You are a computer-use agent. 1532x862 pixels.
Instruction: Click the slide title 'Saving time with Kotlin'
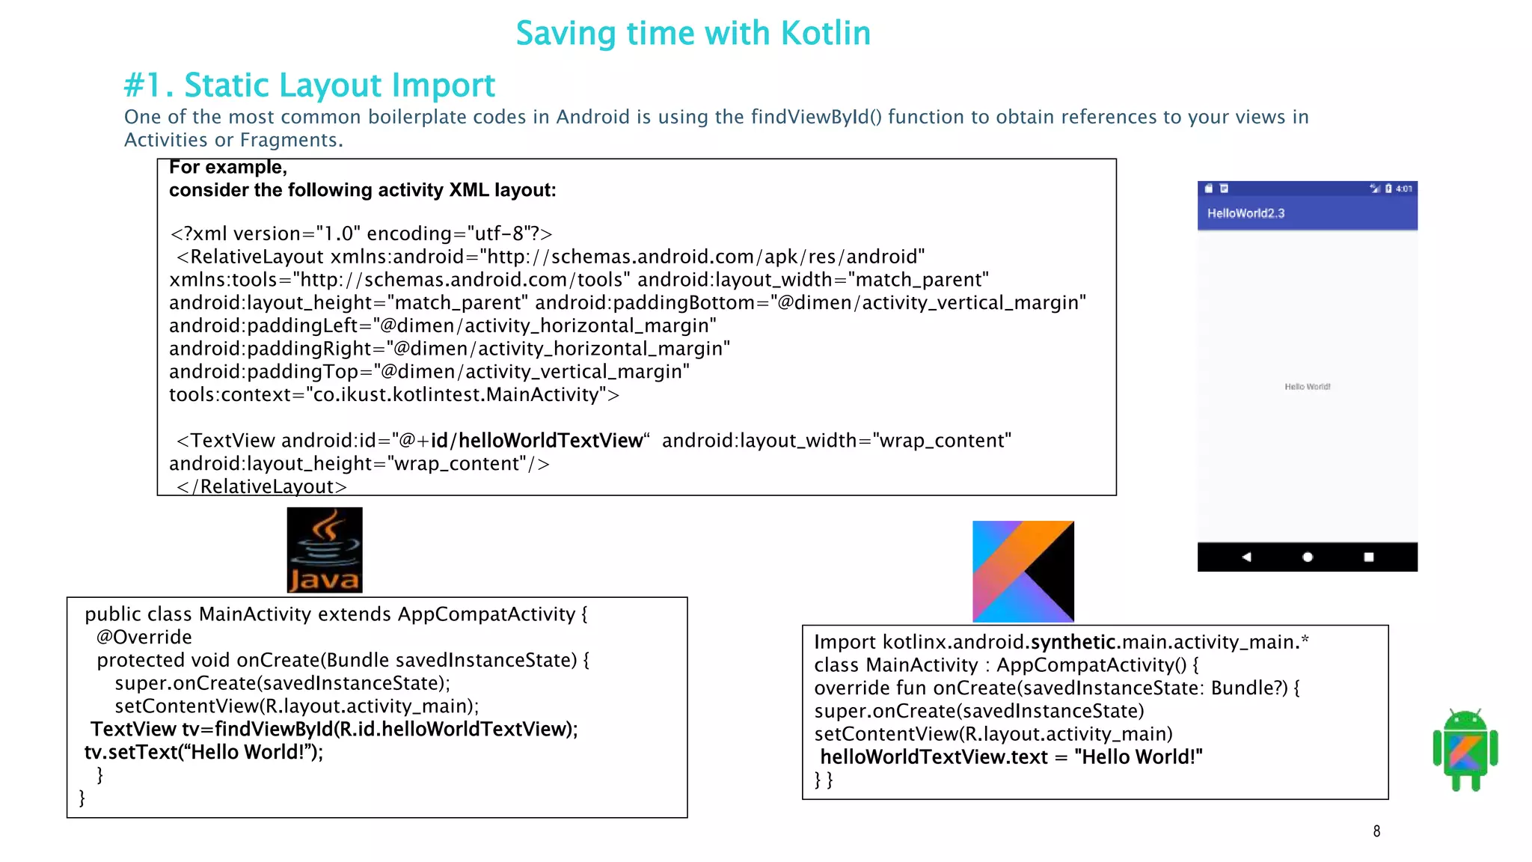[x=693, y=34]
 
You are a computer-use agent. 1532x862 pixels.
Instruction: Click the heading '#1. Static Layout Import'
[x=309, y=85]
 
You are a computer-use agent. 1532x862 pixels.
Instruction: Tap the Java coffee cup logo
[x=325, y=550]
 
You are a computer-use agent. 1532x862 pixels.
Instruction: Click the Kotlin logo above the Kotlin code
[x=1023, y=571]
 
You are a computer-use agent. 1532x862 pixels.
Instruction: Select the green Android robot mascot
[x=1465, y=750]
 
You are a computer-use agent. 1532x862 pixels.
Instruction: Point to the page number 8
[x=1376, y=831]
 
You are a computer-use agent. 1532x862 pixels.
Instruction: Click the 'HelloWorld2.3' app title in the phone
[x=1245, y=213]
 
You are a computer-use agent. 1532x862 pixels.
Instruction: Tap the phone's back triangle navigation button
[x=1246, y=557]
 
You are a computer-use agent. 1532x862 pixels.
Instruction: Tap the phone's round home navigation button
[x=1308, y=557]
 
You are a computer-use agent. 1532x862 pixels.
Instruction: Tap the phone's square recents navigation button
[x=1368, y=557]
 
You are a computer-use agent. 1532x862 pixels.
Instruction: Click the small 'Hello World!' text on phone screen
[x=1307, y=387]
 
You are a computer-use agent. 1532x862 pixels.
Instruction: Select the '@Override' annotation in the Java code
[x=144, y=637]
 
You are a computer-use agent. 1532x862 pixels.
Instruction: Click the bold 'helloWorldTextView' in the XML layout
[x=551, y=441]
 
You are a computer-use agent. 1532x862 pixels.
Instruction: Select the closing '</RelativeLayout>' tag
[x=262, y=486]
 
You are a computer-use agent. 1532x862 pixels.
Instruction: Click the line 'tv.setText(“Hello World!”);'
[x=203, y=752]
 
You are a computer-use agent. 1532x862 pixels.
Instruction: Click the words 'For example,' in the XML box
[x=227, y=167]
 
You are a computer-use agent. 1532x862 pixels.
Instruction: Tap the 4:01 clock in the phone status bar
[x=1404, y=189]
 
